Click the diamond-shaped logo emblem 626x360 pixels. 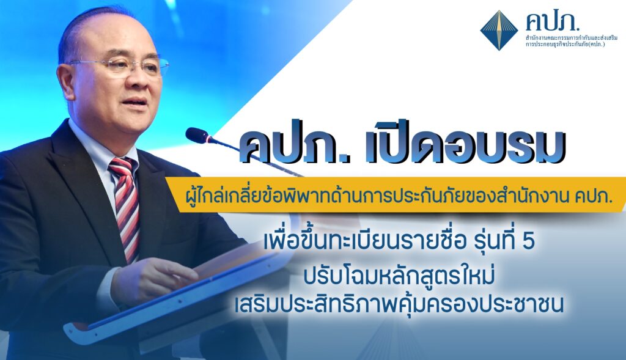499,31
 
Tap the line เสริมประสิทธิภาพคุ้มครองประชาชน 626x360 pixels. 399,304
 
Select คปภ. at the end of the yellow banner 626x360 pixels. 594,196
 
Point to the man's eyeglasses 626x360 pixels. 120,65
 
